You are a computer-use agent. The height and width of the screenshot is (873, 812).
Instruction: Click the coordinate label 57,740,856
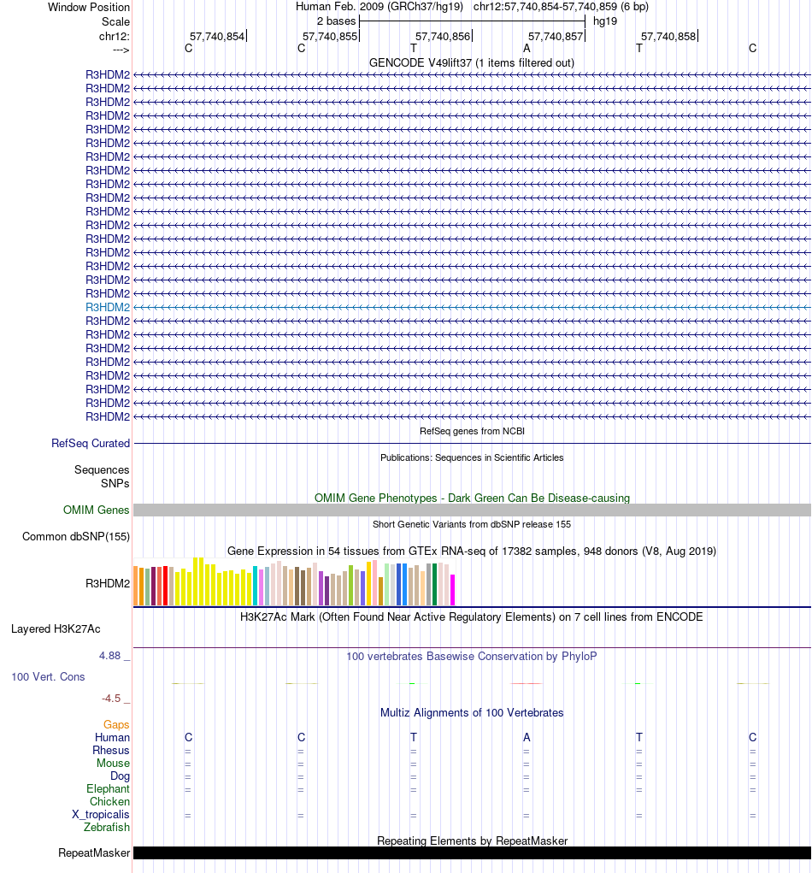443,36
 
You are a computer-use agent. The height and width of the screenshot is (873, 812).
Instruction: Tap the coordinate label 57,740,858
668,36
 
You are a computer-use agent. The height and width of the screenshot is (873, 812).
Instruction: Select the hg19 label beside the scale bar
605,21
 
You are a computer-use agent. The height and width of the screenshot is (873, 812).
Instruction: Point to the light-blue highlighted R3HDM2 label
108,307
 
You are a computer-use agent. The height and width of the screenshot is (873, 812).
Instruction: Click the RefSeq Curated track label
91,444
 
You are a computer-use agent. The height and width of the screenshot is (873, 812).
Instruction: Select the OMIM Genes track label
97,510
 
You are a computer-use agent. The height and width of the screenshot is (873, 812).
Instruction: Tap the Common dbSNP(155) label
76,537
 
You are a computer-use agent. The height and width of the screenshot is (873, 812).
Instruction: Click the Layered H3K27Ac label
56,629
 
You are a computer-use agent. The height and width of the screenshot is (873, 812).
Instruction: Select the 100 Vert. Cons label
48,677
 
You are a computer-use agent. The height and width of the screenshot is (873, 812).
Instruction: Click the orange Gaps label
116,725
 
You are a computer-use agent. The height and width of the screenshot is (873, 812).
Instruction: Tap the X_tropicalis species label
101,815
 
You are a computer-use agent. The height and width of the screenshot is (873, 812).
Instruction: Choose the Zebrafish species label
107,828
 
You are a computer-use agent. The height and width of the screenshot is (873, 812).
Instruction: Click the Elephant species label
108,789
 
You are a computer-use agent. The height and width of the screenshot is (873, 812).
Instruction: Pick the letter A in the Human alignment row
527,738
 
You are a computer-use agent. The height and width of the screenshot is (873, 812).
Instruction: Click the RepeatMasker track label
94,853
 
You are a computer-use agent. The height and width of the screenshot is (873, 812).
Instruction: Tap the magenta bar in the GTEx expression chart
453,589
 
